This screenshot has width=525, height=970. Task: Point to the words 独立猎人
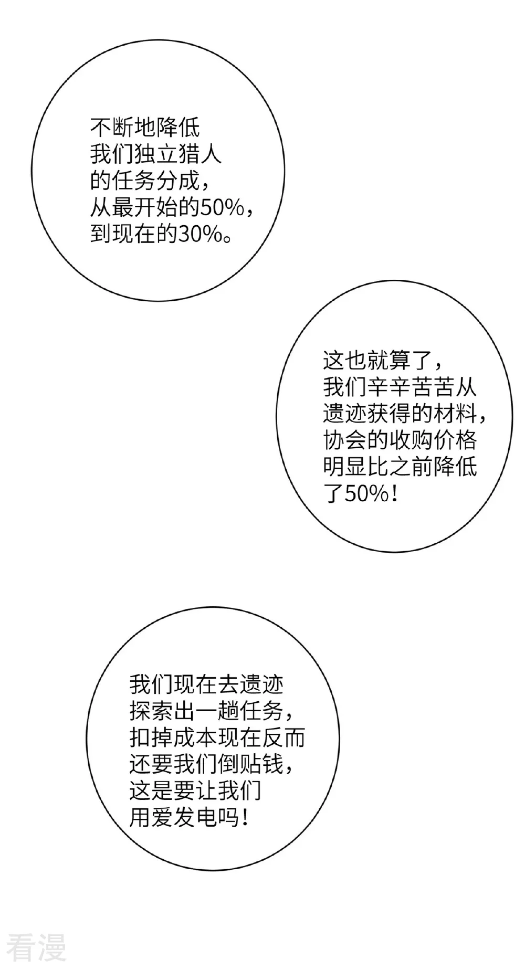click(178, 155)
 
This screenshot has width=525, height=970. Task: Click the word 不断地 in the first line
click(123, 128)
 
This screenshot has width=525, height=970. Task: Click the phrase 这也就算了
click(378, 361)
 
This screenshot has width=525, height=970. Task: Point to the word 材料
click(456, 414)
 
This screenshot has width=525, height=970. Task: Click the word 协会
click(345, 440)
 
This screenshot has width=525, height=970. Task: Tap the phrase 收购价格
click(433, 440)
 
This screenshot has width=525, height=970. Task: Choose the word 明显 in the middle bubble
click(345, 467)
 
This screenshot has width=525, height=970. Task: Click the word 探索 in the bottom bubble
click(151, 711)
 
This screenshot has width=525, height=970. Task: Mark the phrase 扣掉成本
click(173, 738)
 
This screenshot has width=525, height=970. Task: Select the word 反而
click(283, 738)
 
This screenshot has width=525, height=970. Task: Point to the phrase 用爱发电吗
click(184, 817)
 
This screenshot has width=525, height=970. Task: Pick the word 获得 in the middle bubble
click(389, 414)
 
